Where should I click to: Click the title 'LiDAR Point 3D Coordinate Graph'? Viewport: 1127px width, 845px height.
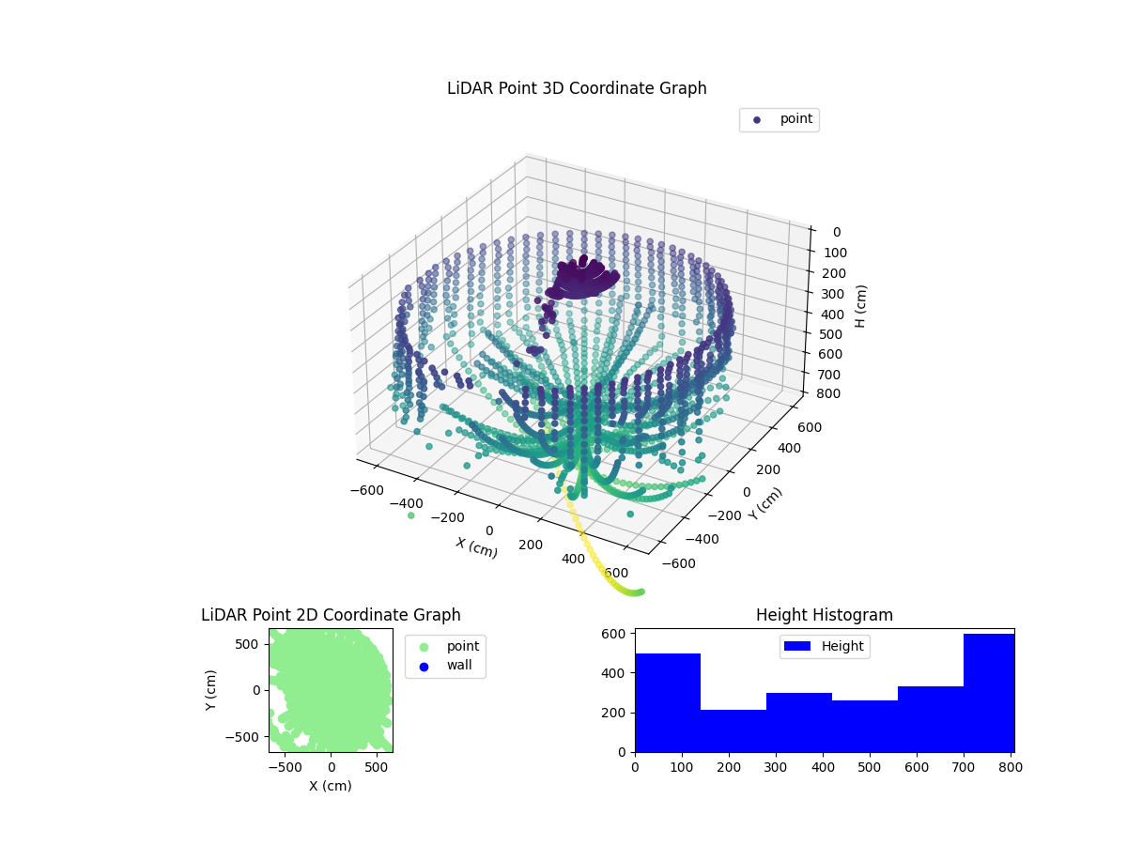pos(577,88)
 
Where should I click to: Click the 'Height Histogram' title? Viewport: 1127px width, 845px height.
pos(824,615)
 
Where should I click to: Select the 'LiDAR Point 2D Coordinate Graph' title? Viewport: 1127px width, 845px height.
pos(331,615)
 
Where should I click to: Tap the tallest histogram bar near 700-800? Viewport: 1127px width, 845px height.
pos(988,693)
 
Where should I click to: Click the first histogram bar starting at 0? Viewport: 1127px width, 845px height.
pos(668,702)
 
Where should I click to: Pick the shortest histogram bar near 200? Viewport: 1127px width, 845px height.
pos(733,730)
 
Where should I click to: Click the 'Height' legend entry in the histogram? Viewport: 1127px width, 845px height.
pos(825,646)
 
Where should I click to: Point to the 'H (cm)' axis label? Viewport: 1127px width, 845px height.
pos(861,305)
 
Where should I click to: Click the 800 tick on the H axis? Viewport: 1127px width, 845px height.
pos(829,393)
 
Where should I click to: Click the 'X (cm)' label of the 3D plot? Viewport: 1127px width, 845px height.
pos(477,547)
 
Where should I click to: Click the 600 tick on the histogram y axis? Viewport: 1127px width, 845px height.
pos(614,634)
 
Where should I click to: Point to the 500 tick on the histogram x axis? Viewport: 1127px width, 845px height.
pos(870,767)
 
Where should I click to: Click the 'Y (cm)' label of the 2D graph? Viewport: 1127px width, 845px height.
pos(211,689)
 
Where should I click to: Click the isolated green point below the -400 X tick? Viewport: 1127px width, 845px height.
pos(410,515)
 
